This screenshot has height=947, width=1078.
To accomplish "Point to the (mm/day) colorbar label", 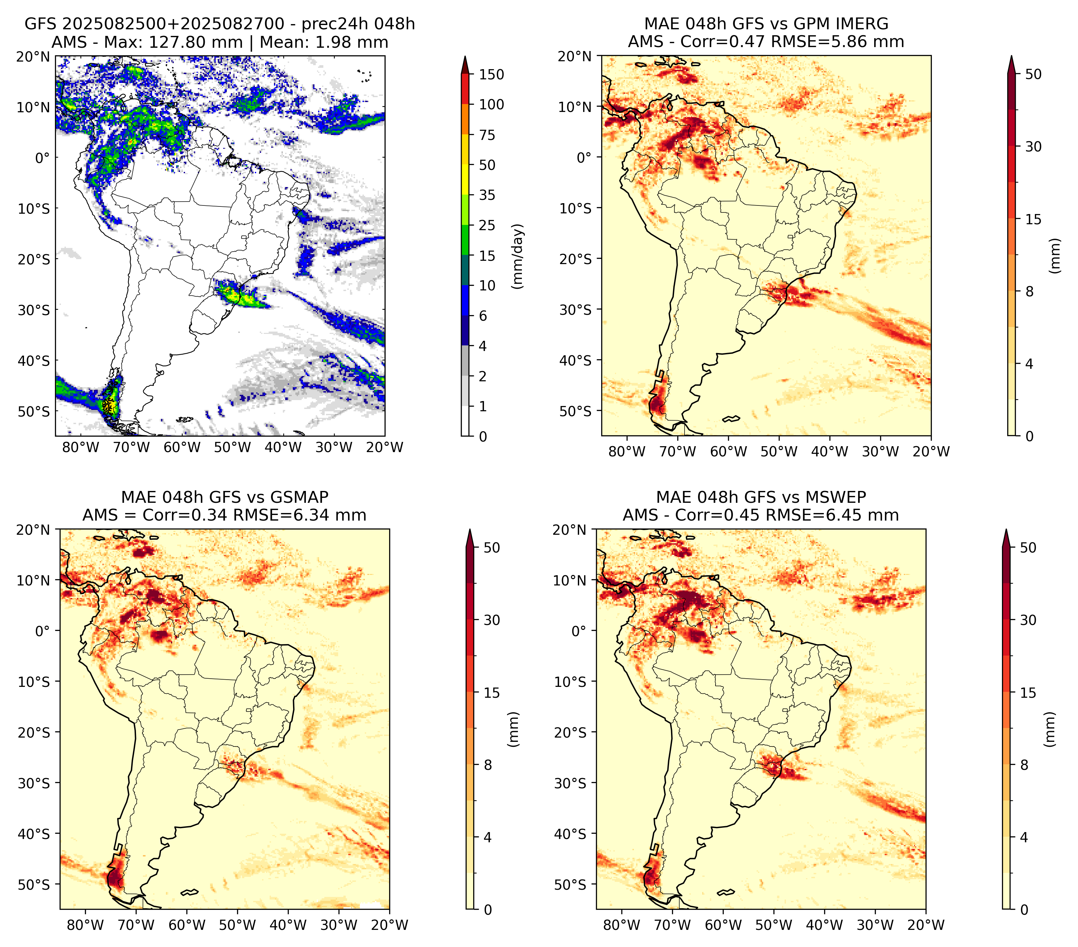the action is (519, 256).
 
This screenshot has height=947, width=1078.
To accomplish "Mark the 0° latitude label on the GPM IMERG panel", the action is (584, 157).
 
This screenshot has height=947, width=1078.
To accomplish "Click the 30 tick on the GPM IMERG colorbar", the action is (1033, 147).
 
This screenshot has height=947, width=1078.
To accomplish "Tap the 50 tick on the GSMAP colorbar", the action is (492, 548).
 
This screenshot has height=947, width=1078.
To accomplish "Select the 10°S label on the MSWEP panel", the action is (570, 682).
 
